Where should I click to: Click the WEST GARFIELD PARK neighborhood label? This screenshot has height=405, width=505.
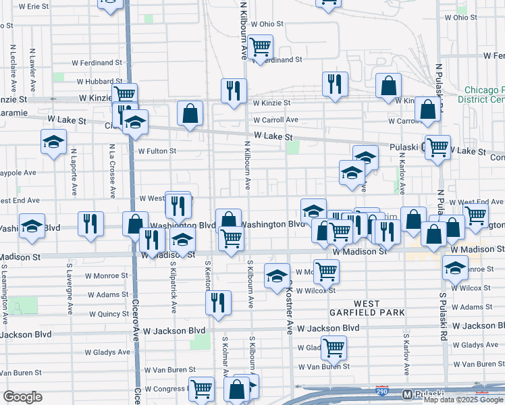pyautogui.click(x=367, y=308)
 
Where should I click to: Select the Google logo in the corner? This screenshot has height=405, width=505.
pyautogui.click(x=22, y=397)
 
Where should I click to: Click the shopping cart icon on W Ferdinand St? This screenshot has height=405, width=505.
pyautogui.click(x=260, y=47)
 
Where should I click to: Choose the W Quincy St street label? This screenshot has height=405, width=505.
pyautogui.click(x=108, y=314)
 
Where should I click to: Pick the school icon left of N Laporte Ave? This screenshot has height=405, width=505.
pyautogui.click(x=53, y=143)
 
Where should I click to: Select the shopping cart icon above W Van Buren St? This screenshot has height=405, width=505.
pyautogui.click(x=334, y=348)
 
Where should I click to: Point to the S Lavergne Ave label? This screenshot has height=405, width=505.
pyautogui.click(x=70, y=289)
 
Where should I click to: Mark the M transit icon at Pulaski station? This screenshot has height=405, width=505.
pyautogui.click(x=406, y=394)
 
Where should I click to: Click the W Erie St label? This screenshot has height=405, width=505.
pyautogui.click(x=34, y=6)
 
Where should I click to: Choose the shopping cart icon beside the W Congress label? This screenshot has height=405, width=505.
pyautogui.click(x=201, y=389)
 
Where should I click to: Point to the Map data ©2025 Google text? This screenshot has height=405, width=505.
pyautogui.click(x=463, y=400)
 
